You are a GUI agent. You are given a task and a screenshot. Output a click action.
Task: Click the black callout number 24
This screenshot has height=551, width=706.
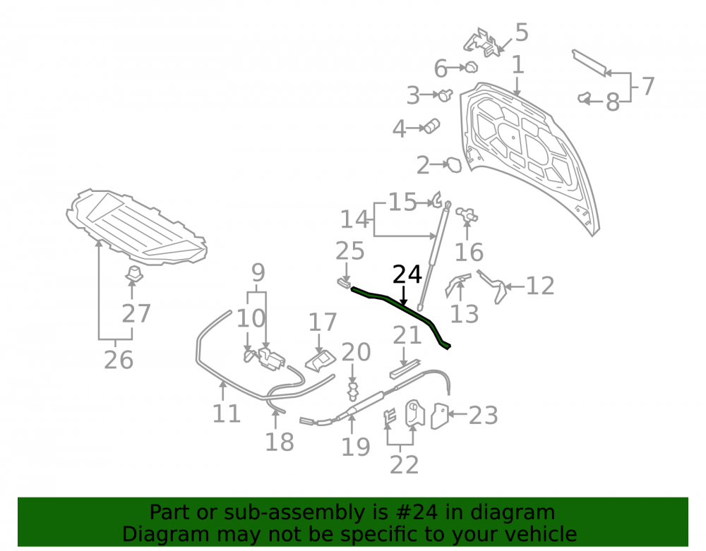[x=407, y=274]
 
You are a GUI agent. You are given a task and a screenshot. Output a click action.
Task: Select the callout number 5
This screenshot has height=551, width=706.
[x=521, y=32]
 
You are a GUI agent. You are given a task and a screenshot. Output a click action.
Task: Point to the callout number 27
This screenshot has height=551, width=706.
[x=136, y=313]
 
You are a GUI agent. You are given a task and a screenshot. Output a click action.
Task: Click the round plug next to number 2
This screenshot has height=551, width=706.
[x=453, y=164]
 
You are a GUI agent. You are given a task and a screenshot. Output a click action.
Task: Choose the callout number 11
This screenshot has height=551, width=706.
[x=227, y=413]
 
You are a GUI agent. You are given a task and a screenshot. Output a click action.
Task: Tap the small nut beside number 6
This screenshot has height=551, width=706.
[x=470, y=68]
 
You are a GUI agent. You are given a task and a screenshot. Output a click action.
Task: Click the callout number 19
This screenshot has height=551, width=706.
[x=356, y=447]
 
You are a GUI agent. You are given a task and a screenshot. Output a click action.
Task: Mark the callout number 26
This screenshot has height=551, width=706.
[x=119, y=360]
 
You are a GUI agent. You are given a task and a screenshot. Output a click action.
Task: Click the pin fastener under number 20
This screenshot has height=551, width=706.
[x=353, y=392]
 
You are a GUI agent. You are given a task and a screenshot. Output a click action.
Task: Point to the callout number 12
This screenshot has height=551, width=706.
[x=540, y=286]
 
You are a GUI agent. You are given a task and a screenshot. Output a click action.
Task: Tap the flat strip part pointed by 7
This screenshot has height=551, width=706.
[x=589, y=63]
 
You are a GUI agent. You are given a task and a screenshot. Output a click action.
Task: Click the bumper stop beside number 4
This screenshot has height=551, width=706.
[x=431, y=126]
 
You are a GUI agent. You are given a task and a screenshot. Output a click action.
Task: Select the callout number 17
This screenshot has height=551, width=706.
[x=323, y=322]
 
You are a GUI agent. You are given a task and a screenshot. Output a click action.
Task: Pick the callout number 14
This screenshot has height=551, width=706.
[x=355, y=219]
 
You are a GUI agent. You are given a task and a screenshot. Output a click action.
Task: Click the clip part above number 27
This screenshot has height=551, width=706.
[x=133, y=273]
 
